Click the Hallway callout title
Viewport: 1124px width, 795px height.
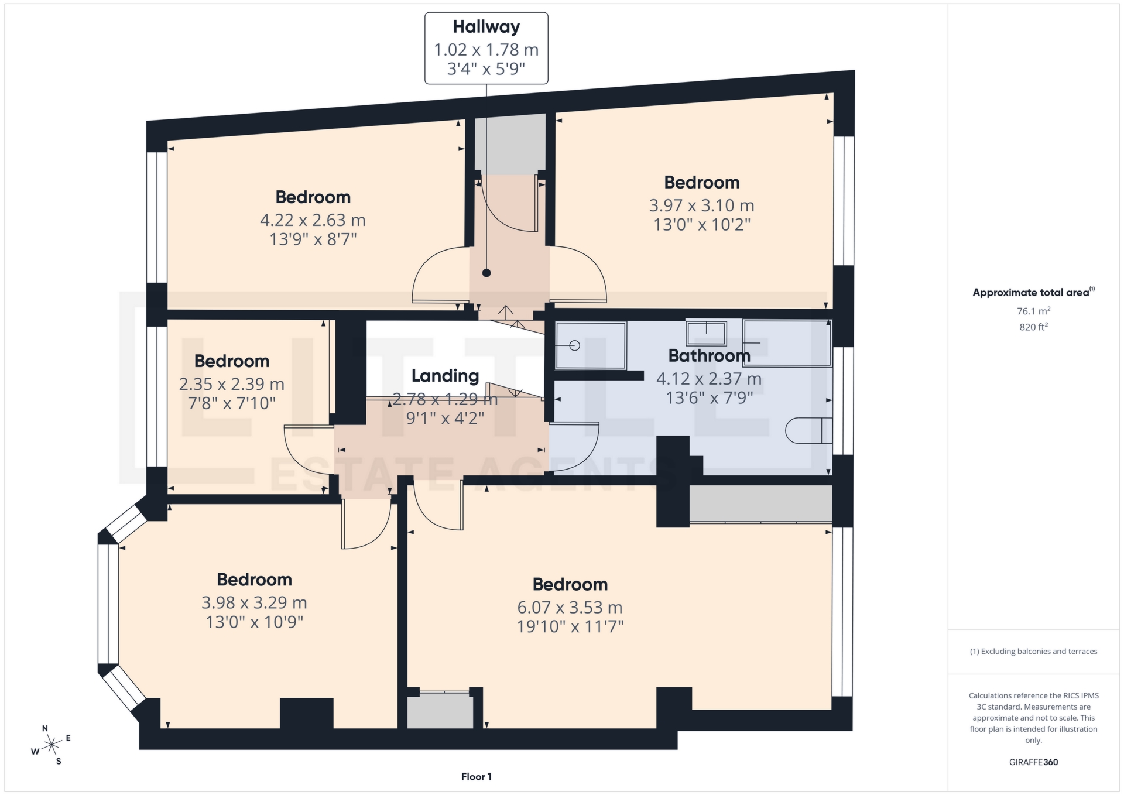[x=486, y=27]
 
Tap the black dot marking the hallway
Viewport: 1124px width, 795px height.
[x=486, y=273]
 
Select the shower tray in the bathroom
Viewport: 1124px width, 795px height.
[x=590, y=345]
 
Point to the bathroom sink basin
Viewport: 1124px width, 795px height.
[x=706, y=334]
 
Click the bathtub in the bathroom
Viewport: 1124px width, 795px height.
[x=787, y=342]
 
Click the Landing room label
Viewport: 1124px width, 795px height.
[x=445, y=376]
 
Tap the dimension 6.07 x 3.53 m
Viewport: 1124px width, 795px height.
[x=570, y=607]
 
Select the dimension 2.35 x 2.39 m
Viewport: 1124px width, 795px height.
[x=232, y=384]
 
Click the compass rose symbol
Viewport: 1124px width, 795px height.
[x=52, y=745]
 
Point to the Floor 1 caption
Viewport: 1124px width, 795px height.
[x=476, y=777]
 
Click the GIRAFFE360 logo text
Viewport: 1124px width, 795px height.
[x=1033, y=762]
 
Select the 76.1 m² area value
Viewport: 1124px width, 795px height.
[x=1033, y=311]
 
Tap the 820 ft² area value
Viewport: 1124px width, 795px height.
[x=1033, y=327]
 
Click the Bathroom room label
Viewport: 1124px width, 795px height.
[x=709, y=355]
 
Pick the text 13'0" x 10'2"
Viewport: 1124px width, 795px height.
[x=701, y=225]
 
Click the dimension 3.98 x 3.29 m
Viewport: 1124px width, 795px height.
[x=254, y=602]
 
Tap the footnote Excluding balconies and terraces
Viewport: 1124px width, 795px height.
[x=1033, y=652]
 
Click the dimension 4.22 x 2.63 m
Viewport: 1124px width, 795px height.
[x=313, y=220]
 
